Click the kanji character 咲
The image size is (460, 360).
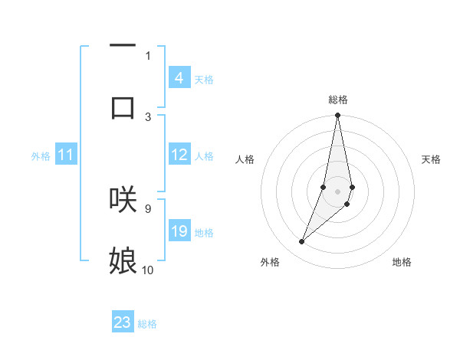click(x=123, y=198)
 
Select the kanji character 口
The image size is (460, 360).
click(x=123, y=107)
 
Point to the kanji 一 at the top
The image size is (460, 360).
click(x=123, y=46)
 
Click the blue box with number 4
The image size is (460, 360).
click(x=179, y=78)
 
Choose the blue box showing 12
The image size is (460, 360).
click(x=179, y=155)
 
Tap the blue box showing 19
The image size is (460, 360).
click(x=179, y=231)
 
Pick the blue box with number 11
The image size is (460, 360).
click(x=66, y=155)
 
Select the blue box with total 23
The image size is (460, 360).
click(x=123, y=322)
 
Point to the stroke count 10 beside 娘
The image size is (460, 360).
click(x=148, y=270)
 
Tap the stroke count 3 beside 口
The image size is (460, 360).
click(x=148, y=116)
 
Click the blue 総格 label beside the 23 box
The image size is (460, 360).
click(x=147, y=324)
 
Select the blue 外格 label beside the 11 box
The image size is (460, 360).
click(x=41, y=156)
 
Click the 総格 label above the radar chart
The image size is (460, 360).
click(x=337, y=100)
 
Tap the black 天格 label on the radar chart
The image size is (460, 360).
click(x=431, y=159)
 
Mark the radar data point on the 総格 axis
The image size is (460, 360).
click(x=337, y=116)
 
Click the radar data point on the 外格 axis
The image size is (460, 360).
click(x=301, y=242)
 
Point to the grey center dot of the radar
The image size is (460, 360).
click(x=337, y=191)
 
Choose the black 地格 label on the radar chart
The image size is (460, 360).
click(x=402, y=262)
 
